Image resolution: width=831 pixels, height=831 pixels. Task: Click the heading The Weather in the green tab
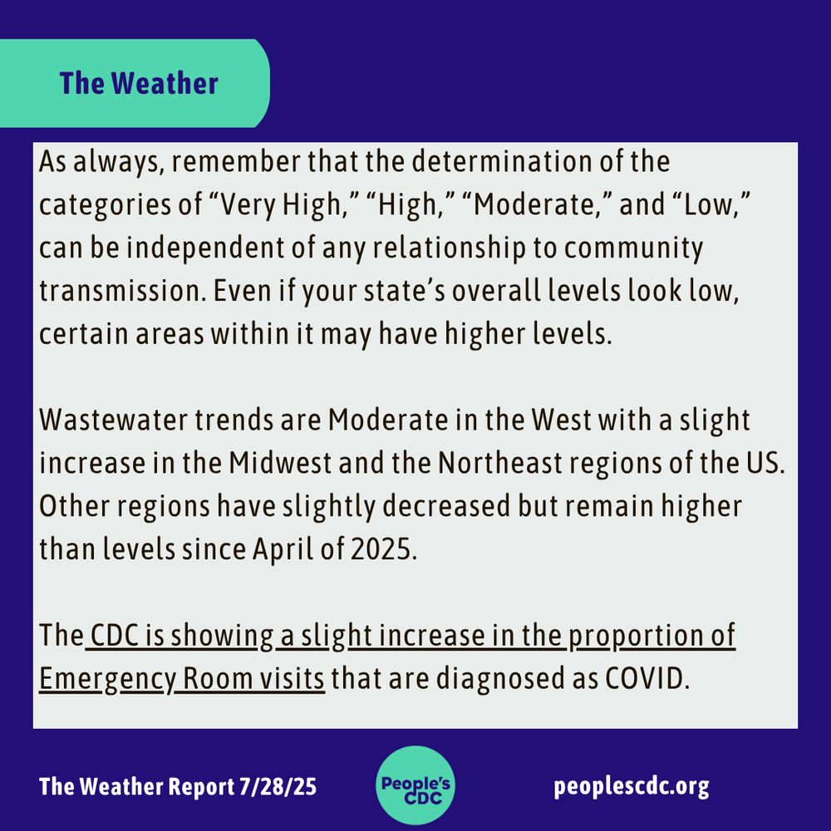pyautogui.click(x=139, y=83)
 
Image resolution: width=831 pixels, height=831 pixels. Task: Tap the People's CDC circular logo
pyautogui.click(x=415, y=784)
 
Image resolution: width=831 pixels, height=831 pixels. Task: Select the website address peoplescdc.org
pyautogui.click(x=632, y=785)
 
